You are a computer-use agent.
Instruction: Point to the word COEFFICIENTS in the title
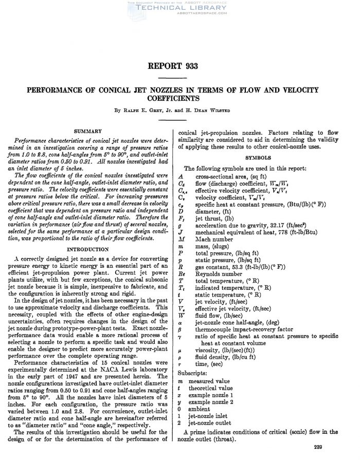[x=180, y=97]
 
